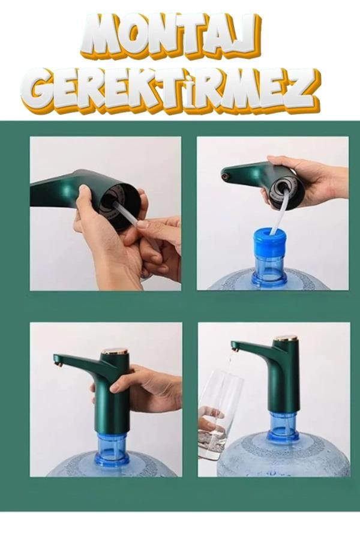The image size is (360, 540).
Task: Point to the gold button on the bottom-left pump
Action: (x=115, y=351)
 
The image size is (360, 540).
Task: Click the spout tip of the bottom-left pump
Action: (x=58, y=361)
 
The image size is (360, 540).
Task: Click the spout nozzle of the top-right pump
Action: (x=226, y=176)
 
